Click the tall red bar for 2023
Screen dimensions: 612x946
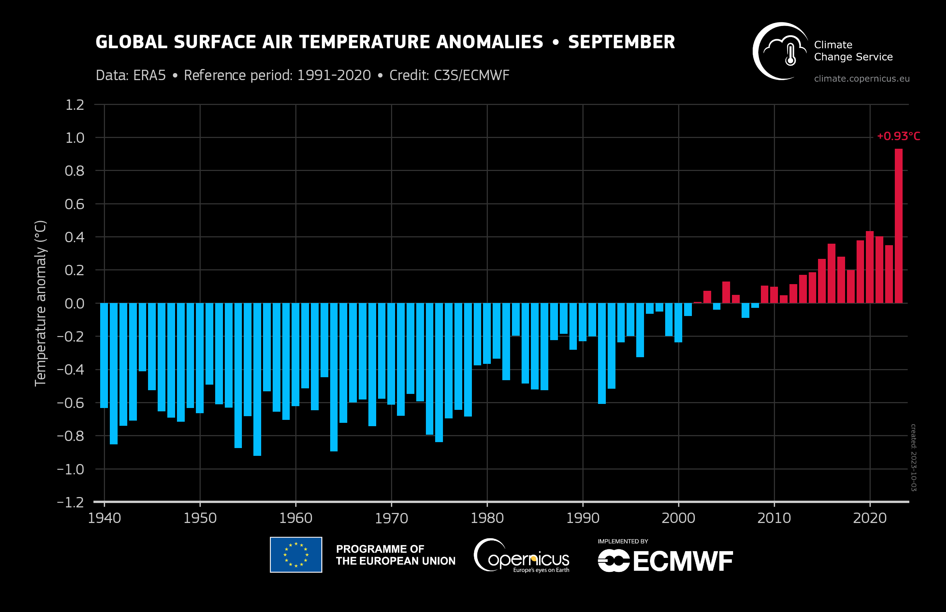(x=898, y=227)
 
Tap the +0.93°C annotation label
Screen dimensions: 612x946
(x=898, y=136)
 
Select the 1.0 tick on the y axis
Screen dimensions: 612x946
(x=75, y=138)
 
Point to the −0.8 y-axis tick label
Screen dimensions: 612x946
(x=71, y=436)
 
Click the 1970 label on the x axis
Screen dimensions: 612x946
(x=391, y=518)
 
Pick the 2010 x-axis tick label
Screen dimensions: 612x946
(x=774, y=518)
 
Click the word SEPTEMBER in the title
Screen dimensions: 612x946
(x=621, y=42)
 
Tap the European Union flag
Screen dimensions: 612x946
(x=296, y=555)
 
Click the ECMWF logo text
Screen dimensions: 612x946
(x=682, y=561)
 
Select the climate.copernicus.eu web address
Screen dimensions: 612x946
(x=861, y=79)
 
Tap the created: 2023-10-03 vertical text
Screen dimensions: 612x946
(x=913, y=457)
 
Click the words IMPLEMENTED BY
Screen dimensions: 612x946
(x=623, y=541)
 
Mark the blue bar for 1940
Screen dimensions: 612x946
(x=104, y=356)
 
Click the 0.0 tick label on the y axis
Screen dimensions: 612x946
(x=75, y=304)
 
